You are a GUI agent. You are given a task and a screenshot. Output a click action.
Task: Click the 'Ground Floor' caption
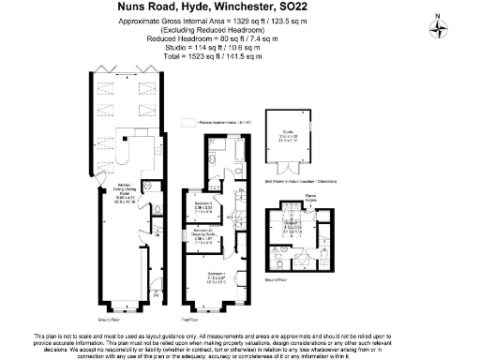107,319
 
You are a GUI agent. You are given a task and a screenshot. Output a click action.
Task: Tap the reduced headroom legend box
189,123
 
